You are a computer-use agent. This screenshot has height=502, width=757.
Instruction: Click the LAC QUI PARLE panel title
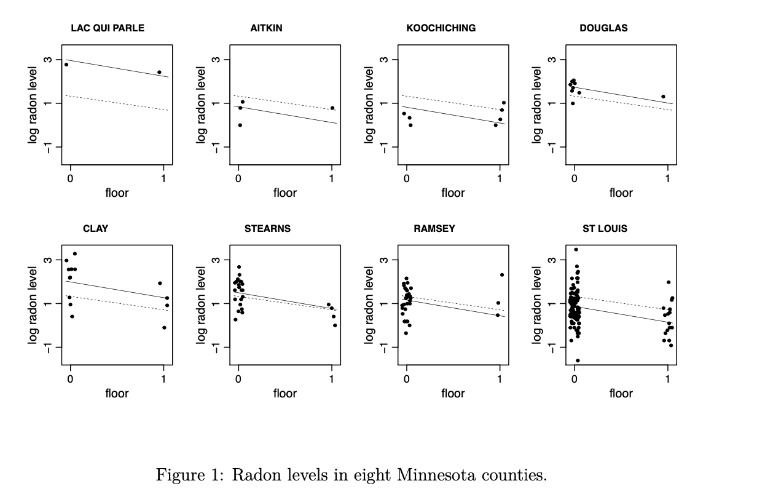108,28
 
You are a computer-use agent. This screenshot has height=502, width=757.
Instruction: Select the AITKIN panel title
267,28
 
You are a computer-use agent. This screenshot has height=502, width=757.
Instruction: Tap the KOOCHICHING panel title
441,28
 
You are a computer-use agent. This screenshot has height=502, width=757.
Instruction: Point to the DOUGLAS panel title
603,28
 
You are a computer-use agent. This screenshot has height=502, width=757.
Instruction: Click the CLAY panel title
95,229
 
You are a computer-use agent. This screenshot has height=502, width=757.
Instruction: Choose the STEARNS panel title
267,229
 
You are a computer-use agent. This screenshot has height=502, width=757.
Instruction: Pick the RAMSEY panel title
434,229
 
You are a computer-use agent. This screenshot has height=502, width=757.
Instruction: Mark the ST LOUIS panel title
605,229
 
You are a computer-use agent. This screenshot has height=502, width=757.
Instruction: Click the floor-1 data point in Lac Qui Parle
159,72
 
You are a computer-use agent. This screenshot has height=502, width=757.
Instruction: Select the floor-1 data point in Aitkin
332,108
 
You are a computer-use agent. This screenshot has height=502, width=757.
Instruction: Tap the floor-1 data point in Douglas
663,97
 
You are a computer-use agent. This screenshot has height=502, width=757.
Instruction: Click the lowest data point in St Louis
578,361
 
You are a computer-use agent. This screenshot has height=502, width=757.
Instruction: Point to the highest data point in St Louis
576,250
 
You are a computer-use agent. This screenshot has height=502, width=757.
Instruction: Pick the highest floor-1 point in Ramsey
502,275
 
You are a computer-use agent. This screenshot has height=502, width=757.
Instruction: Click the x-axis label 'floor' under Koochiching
453,193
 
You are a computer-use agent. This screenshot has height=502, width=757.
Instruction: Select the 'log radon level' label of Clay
33,305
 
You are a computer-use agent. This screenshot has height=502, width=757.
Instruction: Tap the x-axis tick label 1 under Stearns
332,379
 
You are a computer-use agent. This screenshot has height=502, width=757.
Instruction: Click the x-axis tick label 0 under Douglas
574,178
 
